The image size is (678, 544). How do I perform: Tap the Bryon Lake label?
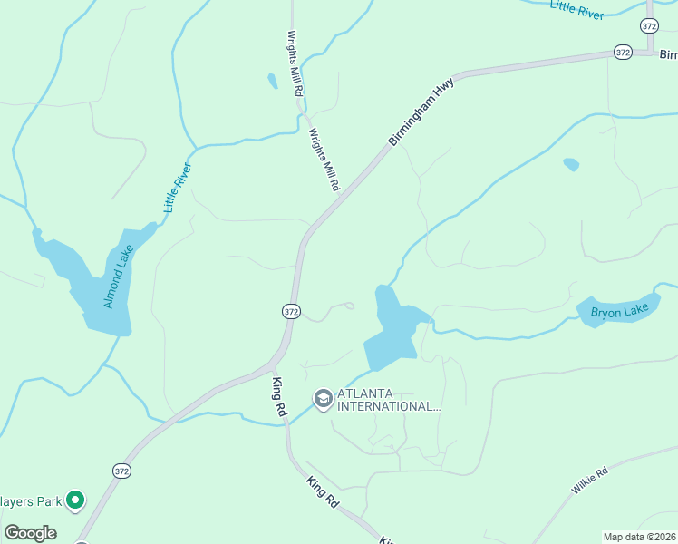620,312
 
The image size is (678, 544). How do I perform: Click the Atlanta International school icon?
322,398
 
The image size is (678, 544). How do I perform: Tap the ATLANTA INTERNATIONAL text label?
389,400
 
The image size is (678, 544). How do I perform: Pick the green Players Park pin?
76,500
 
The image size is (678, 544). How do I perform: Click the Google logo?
31,533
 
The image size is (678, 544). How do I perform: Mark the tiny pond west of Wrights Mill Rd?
272,81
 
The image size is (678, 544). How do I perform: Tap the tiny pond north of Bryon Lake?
570,165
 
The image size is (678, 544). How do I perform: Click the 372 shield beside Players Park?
122,471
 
